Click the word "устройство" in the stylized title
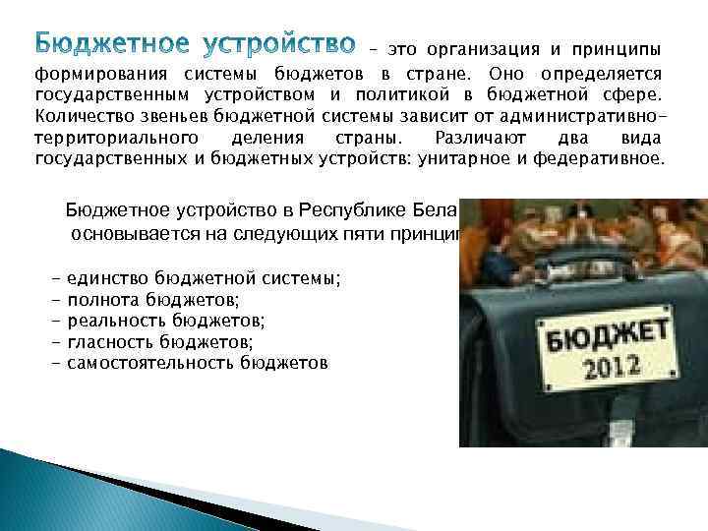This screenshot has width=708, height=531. pos(287,45)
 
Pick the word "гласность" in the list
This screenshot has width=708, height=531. pos(108,341)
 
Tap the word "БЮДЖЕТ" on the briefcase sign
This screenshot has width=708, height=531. pos(589,335)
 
